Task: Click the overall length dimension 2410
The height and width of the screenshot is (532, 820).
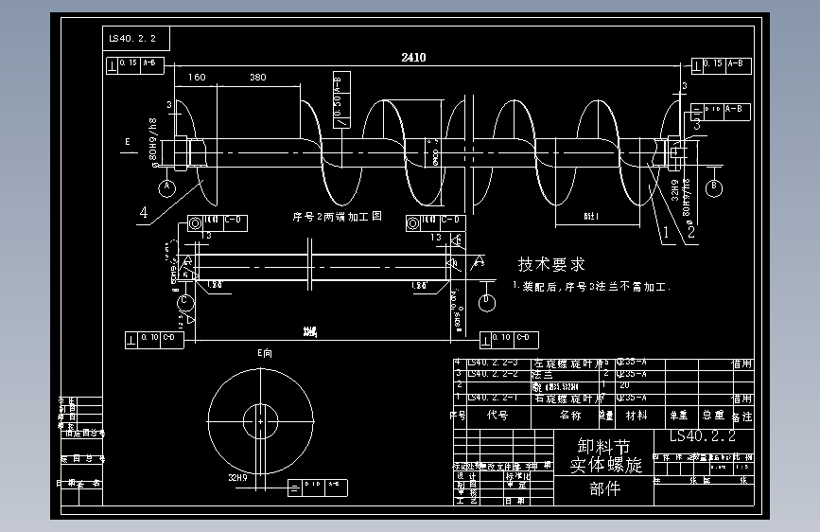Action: [x=413, y=58]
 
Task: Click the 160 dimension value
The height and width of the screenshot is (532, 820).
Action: [x=197, y=78]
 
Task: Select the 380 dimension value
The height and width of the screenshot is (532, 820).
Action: [x=257, y=78]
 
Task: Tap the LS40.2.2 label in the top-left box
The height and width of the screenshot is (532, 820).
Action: [x=138, y=39]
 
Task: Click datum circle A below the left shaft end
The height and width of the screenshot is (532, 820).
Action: [x=167, y=187]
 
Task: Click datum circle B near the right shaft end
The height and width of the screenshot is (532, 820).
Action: [x=715, y=187]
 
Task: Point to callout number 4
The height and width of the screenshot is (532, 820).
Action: [x=144, y=214]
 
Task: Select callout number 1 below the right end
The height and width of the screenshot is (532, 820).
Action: [x=665, y=229]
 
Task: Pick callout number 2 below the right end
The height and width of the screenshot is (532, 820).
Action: [x=691, y=229]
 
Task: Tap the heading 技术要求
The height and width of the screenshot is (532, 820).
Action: [x=551, y=264]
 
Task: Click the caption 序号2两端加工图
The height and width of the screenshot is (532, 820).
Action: [x=337, y=217]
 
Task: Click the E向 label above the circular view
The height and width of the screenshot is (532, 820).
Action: [x=265, y=352]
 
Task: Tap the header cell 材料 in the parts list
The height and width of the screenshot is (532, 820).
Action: [x=637, y=415]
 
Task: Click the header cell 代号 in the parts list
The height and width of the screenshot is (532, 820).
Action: [x=497, y=415]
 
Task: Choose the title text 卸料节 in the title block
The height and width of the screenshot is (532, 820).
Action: [x=602, y=446]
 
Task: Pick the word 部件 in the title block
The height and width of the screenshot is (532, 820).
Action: [x=604, y=488]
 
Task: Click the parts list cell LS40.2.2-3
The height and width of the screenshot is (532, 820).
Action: [x=493, y=363]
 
